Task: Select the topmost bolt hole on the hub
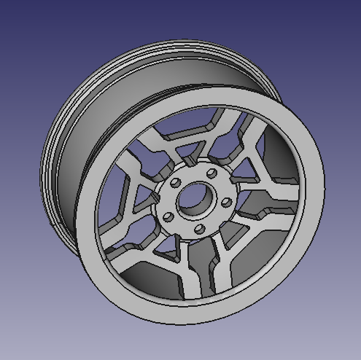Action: pos(211,173)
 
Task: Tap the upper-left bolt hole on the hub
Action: pos(176,182)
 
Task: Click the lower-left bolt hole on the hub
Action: pos(168,216)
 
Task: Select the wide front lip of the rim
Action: pos(292,240)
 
